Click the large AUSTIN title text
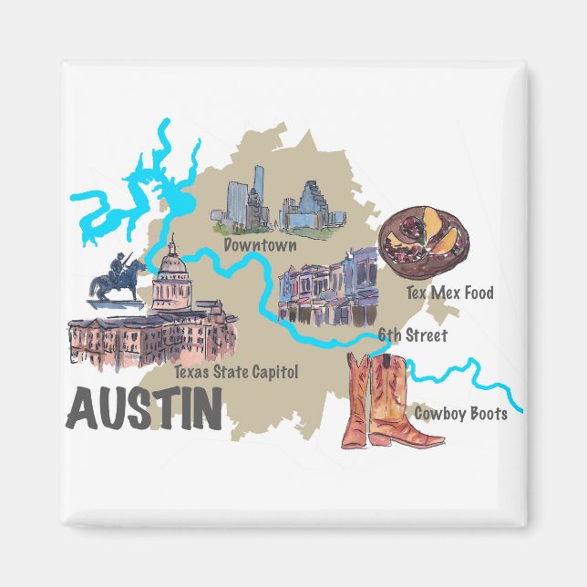coord(145,408)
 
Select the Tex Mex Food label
coord(449,293)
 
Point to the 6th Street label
coord(413,335)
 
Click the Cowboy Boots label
coord(460,413)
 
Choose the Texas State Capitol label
coord(236,372)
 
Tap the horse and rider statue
coord(116,279)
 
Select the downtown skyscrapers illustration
coord(278,205)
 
